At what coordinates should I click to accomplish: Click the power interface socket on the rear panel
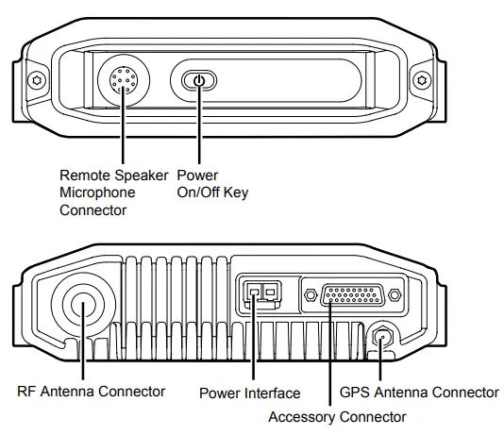(261, 294)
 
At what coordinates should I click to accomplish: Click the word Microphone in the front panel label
(97, 192)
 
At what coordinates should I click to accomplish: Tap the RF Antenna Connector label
(91, 392)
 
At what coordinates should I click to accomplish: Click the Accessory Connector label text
(337, 415)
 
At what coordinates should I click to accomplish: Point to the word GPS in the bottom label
(355, 392)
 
